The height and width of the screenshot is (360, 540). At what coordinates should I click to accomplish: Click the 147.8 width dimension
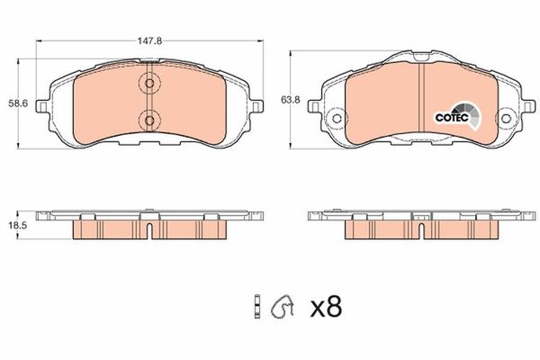[x=149, y=40]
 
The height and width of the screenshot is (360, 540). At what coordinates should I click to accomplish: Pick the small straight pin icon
[x=257, y=308]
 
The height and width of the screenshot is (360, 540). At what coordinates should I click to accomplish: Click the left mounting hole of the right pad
[x=336, y=118]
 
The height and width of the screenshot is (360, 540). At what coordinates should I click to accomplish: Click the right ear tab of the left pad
[x=259, y=108]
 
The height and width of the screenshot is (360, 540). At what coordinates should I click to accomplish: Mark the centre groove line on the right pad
[x=422, y=99]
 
